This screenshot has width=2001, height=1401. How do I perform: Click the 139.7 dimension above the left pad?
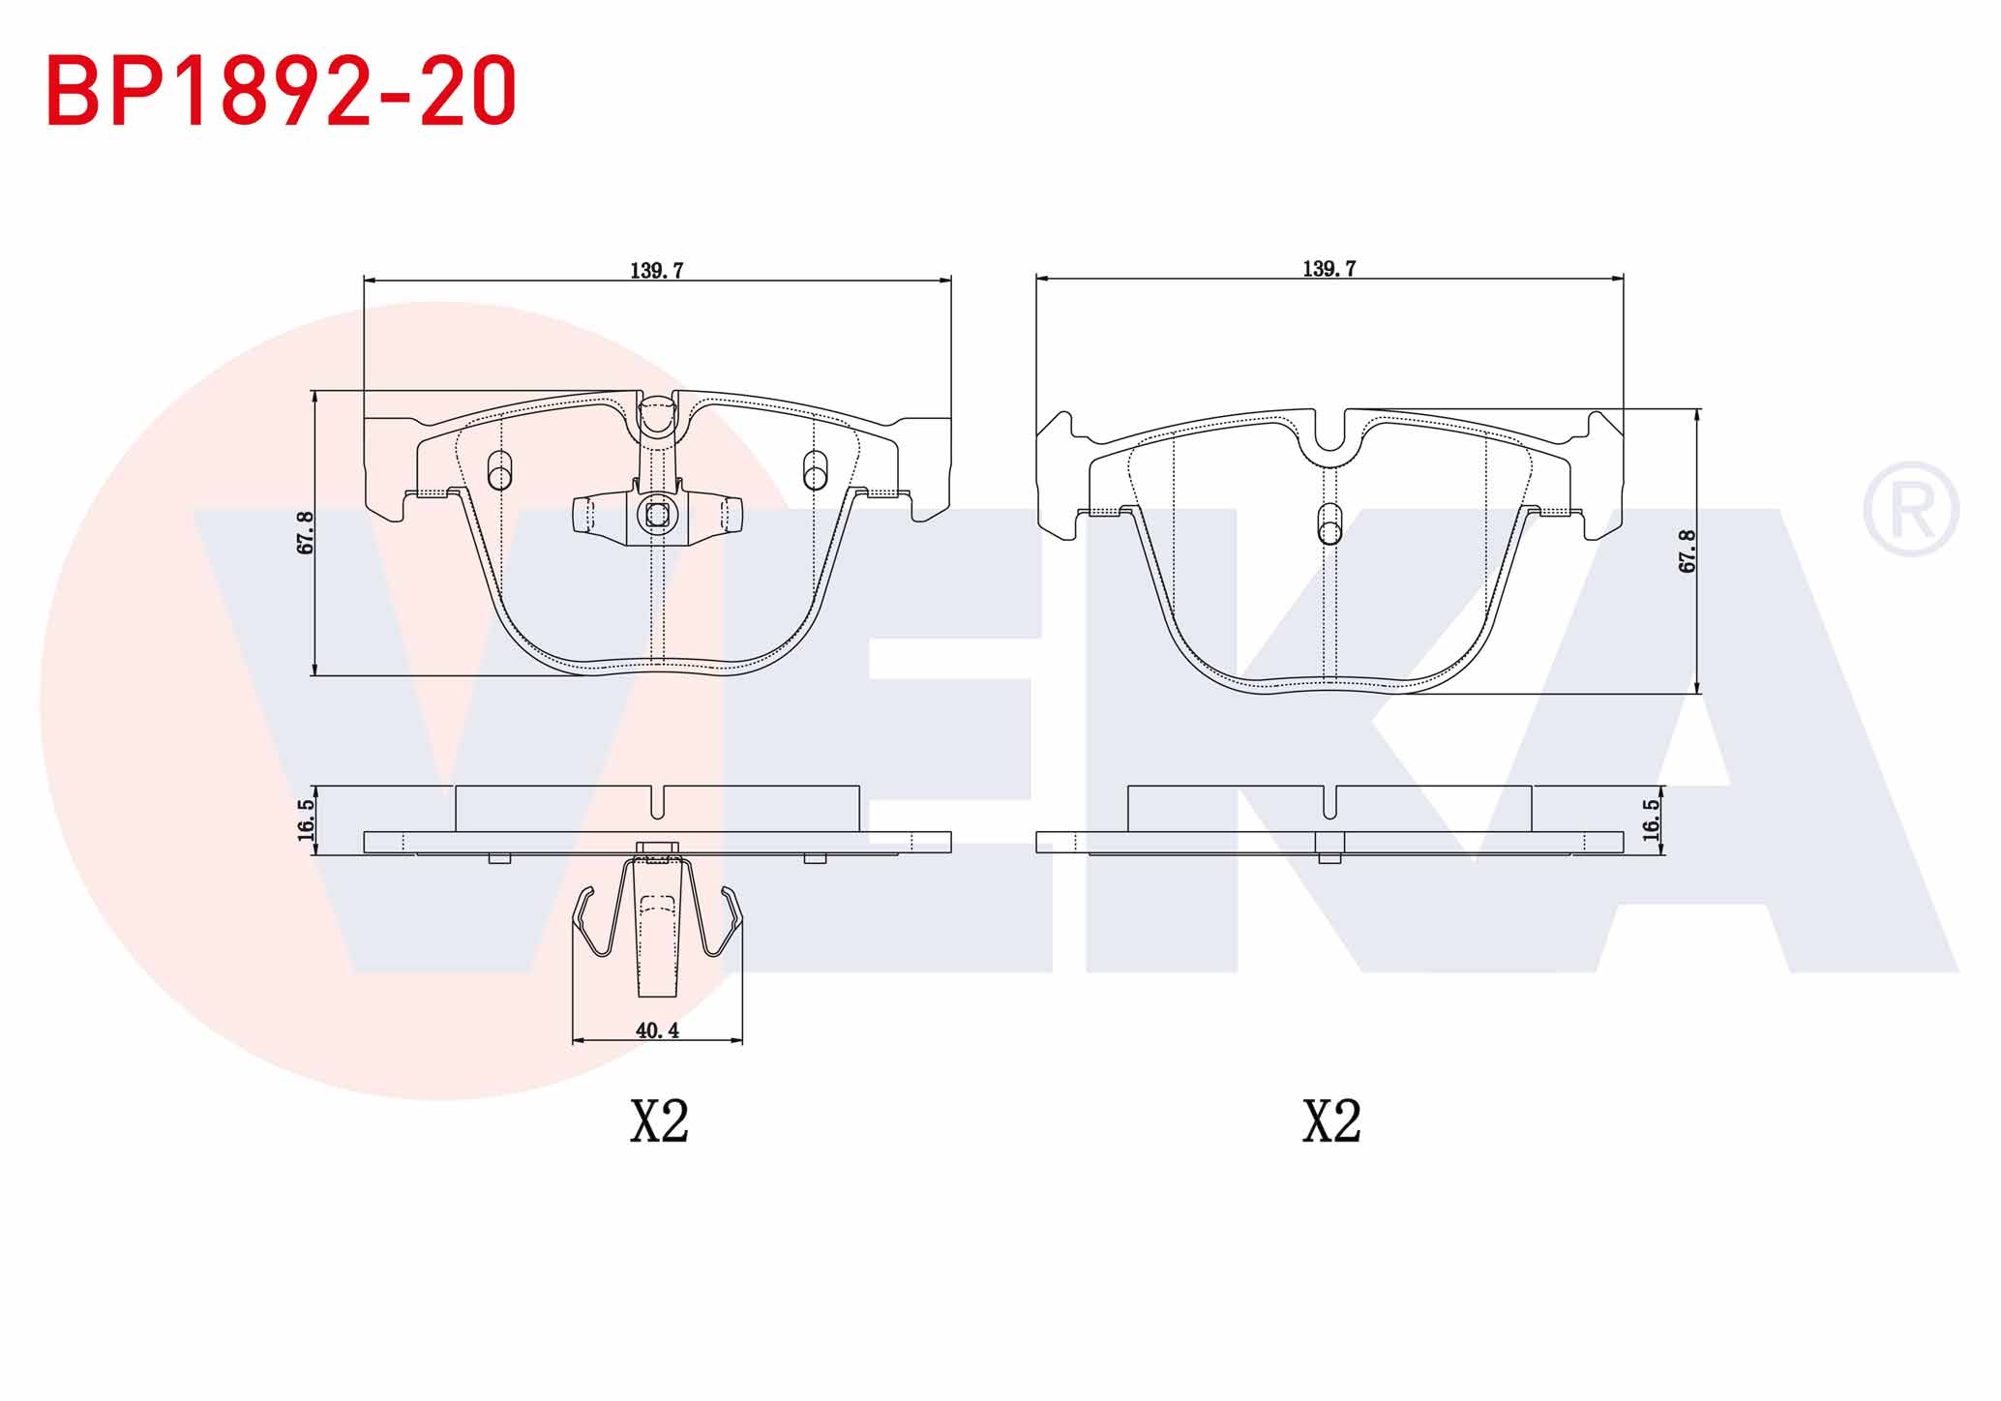657,270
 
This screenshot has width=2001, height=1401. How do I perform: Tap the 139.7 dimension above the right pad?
1329,269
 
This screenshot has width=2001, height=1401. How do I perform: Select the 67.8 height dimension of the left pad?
306,533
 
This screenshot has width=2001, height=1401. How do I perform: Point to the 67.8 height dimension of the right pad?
1687,551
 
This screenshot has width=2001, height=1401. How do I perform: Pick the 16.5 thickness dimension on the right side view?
1651,819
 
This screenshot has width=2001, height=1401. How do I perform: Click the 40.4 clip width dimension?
657,1030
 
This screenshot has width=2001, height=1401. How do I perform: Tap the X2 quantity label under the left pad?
659,1121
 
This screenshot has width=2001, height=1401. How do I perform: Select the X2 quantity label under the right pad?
1331,1121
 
